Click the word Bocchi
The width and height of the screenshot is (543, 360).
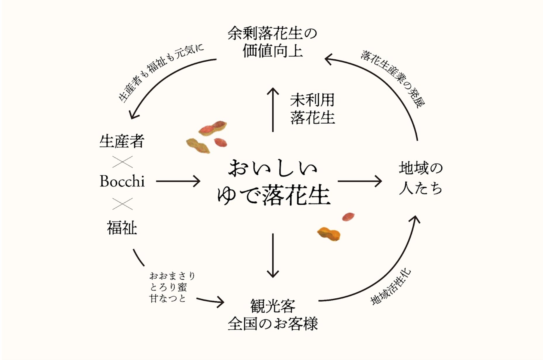coord(122,181)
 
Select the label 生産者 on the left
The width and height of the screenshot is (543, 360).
coord(122,141)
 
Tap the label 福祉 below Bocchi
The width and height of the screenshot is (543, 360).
coord(122,228)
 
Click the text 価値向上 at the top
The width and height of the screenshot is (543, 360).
coord(272,51)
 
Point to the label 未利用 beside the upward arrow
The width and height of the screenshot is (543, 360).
coord(312,100)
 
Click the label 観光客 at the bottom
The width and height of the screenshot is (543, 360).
coord(273,306)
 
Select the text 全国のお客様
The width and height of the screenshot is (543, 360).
coord(273,324)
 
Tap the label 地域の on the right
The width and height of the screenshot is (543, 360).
coord(421,168)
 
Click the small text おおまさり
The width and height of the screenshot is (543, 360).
coord(172,276)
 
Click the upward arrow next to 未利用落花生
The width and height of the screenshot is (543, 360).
coord(273,110)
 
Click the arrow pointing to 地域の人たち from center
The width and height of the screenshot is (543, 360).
coord(359,181)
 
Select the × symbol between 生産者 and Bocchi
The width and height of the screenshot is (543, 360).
coord(122,162)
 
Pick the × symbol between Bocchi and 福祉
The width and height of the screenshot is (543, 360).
coord(122,204)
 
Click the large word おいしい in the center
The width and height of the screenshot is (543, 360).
coord(273,169)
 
